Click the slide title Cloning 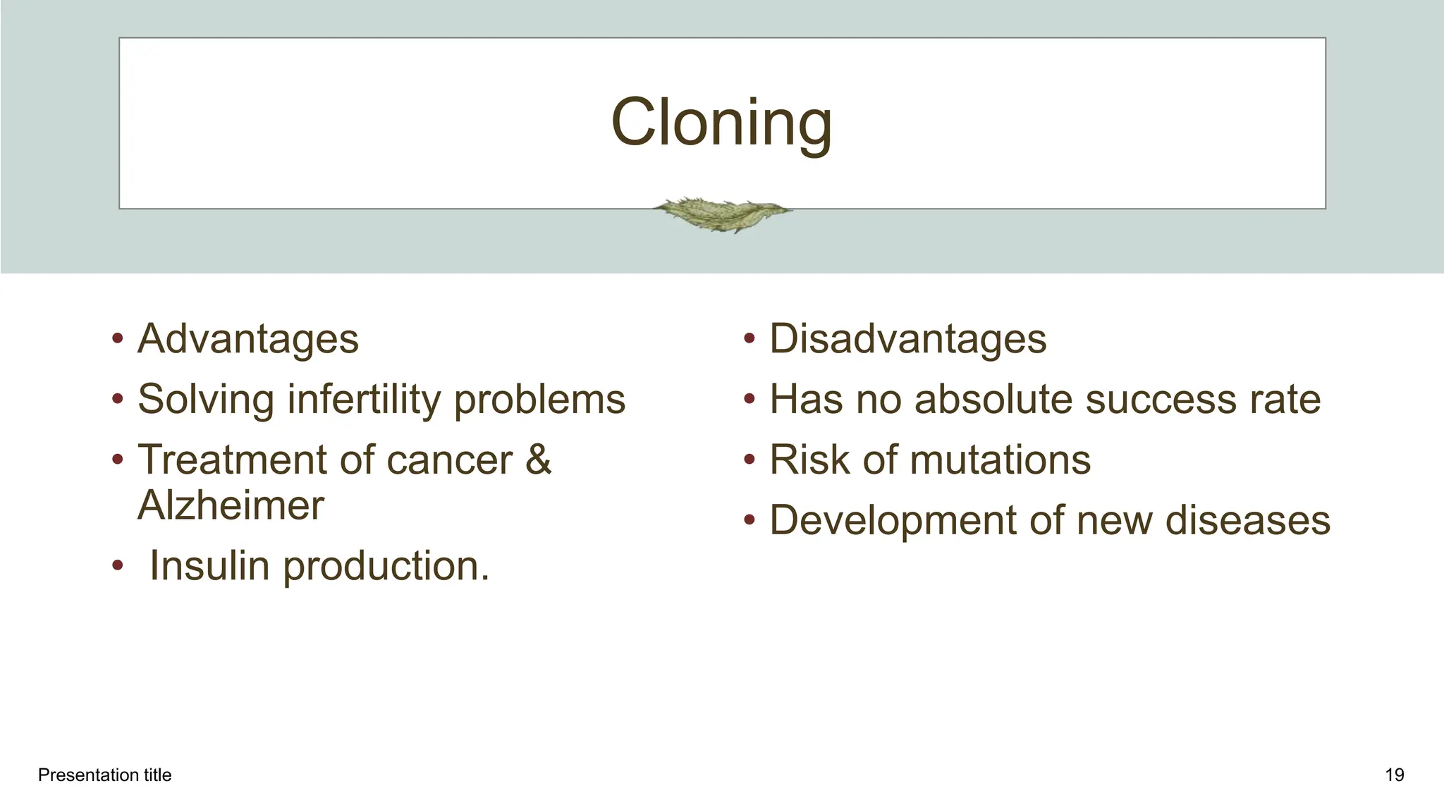[x=721, y=123]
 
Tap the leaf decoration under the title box [x=721, y=214]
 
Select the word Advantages [x=248, y=339]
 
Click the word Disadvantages [x=907, y=339]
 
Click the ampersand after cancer [x=538, y=460]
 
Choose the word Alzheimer [x=231, y=505]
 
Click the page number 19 [x=1394, y=775]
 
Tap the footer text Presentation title [x=104, y=775]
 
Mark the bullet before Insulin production [x=118, y=567]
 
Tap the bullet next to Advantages [x=118, y=340]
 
